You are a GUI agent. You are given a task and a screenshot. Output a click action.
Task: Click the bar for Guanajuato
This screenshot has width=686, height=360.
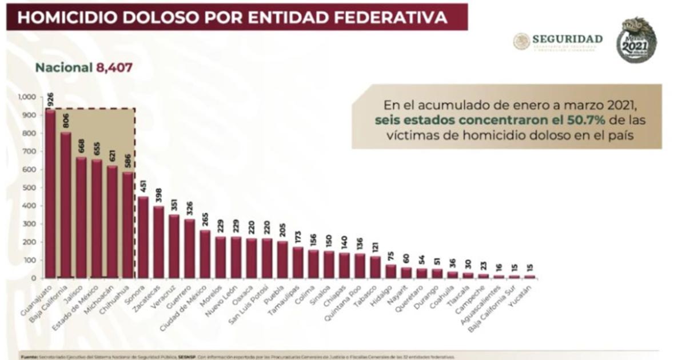pyautogui.click(x=50, y=194)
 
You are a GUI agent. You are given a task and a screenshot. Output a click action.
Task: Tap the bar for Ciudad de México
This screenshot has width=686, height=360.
pyautogui.click(x=205, y=254)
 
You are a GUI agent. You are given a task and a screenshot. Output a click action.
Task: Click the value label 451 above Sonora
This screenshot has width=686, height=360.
pyautogui.click(x=143, y=186)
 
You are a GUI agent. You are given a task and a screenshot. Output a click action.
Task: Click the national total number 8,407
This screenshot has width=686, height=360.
pyautogui.click(x=114, y=67)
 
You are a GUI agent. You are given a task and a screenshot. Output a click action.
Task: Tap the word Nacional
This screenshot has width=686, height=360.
pyautogui.click(x=63, y=67)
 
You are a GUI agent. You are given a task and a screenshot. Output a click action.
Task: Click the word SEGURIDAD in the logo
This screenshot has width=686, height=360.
pyautogui.click(x=567, y=39)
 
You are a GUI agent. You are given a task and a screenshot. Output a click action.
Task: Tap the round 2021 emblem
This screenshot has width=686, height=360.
pyautogui.click(x=636, y=40)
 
